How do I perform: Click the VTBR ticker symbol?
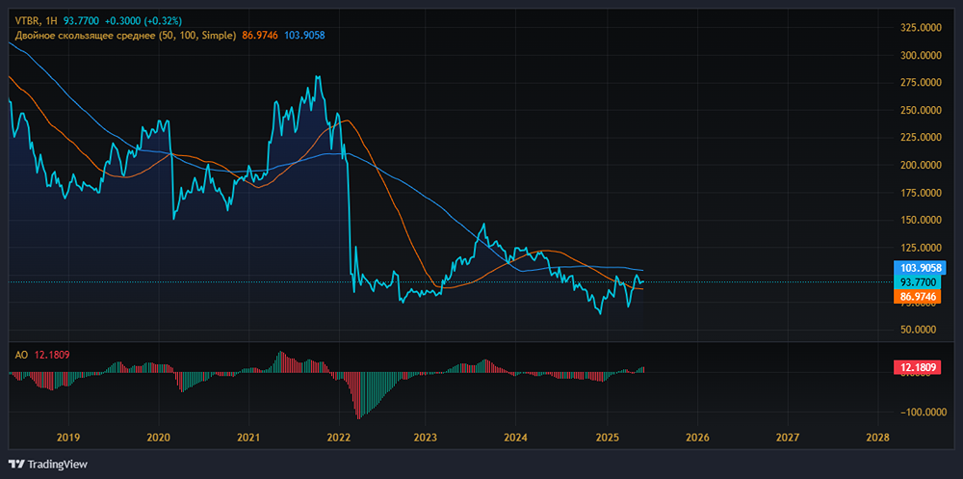point(26,22)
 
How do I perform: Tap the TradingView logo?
point(48,464)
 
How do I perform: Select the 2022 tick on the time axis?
point(339,438)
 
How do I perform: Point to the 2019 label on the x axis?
point(67,438)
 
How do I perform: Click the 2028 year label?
point(877,438)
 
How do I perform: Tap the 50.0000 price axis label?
point(922,330)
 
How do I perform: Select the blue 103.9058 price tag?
point(920,268)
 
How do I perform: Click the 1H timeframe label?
point(51,22)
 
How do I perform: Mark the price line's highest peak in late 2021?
point(318,76)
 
